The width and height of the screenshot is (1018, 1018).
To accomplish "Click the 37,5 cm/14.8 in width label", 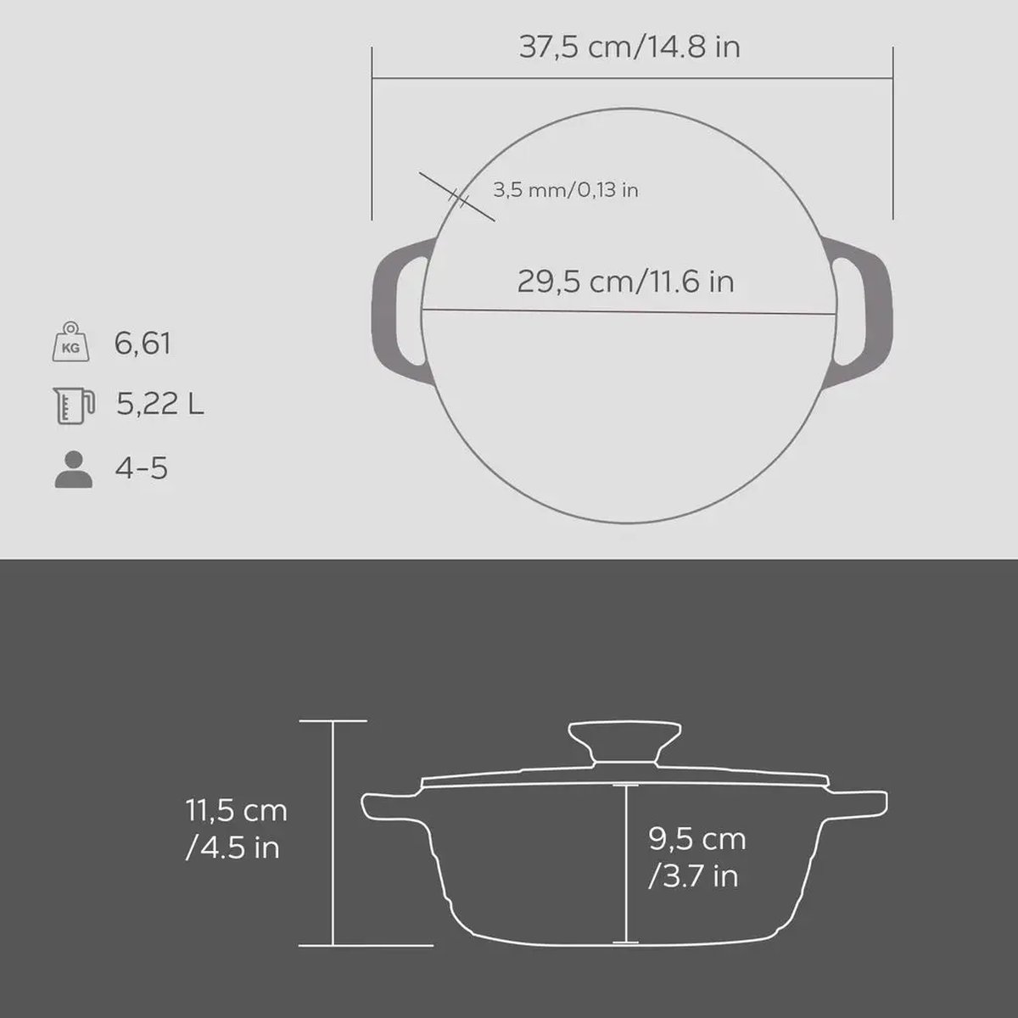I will (x=629, y=47).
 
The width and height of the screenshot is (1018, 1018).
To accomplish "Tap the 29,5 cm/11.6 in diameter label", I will (x=625, y=281).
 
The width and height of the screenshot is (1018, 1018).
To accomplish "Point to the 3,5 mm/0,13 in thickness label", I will (x=566, y=189).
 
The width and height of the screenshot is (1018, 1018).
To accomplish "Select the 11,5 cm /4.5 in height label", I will (x=237, y=829).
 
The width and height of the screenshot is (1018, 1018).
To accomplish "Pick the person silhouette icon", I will (x=73, y=468).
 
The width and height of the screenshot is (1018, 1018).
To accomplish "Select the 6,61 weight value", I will (x=143, y=344).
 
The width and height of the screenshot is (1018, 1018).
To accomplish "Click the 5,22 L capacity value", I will (x=160, y=405).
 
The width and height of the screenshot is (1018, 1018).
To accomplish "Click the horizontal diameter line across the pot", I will (x=629, y=310).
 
